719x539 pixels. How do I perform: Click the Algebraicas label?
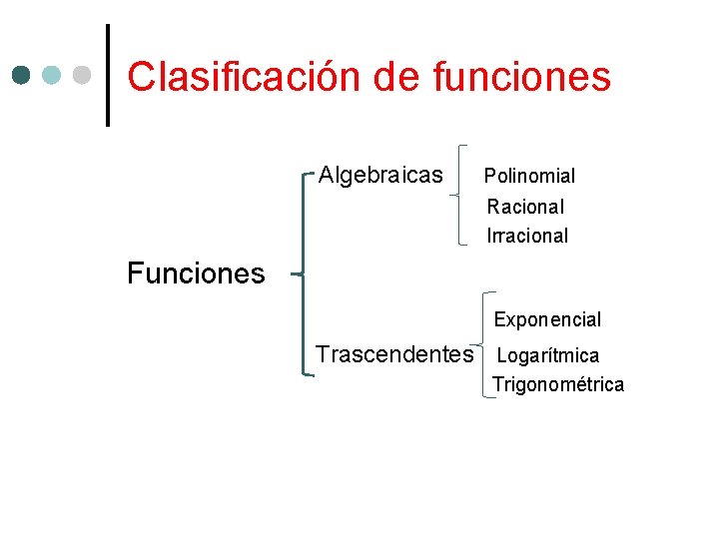pos(380,176)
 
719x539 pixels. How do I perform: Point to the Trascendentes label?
pos(394,354)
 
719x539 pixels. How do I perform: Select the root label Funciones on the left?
pos(196,272)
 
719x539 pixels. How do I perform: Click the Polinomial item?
pos(529,177)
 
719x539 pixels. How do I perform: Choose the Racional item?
pos(525,207)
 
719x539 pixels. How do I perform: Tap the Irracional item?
pos(527,236)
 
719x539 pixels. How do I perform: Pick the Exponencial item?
pos(547,320)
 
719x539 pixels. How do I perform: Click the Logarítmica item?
pos(547,355)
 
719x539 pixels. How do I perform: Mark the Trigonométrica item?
pos(557,385)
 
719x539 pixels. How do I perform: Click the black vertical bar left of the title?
pos(108,76)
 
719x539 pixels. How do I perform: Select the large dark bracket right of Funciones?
pos(304,272)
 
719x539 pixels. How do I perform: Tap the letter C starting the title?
pos(141,76)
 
